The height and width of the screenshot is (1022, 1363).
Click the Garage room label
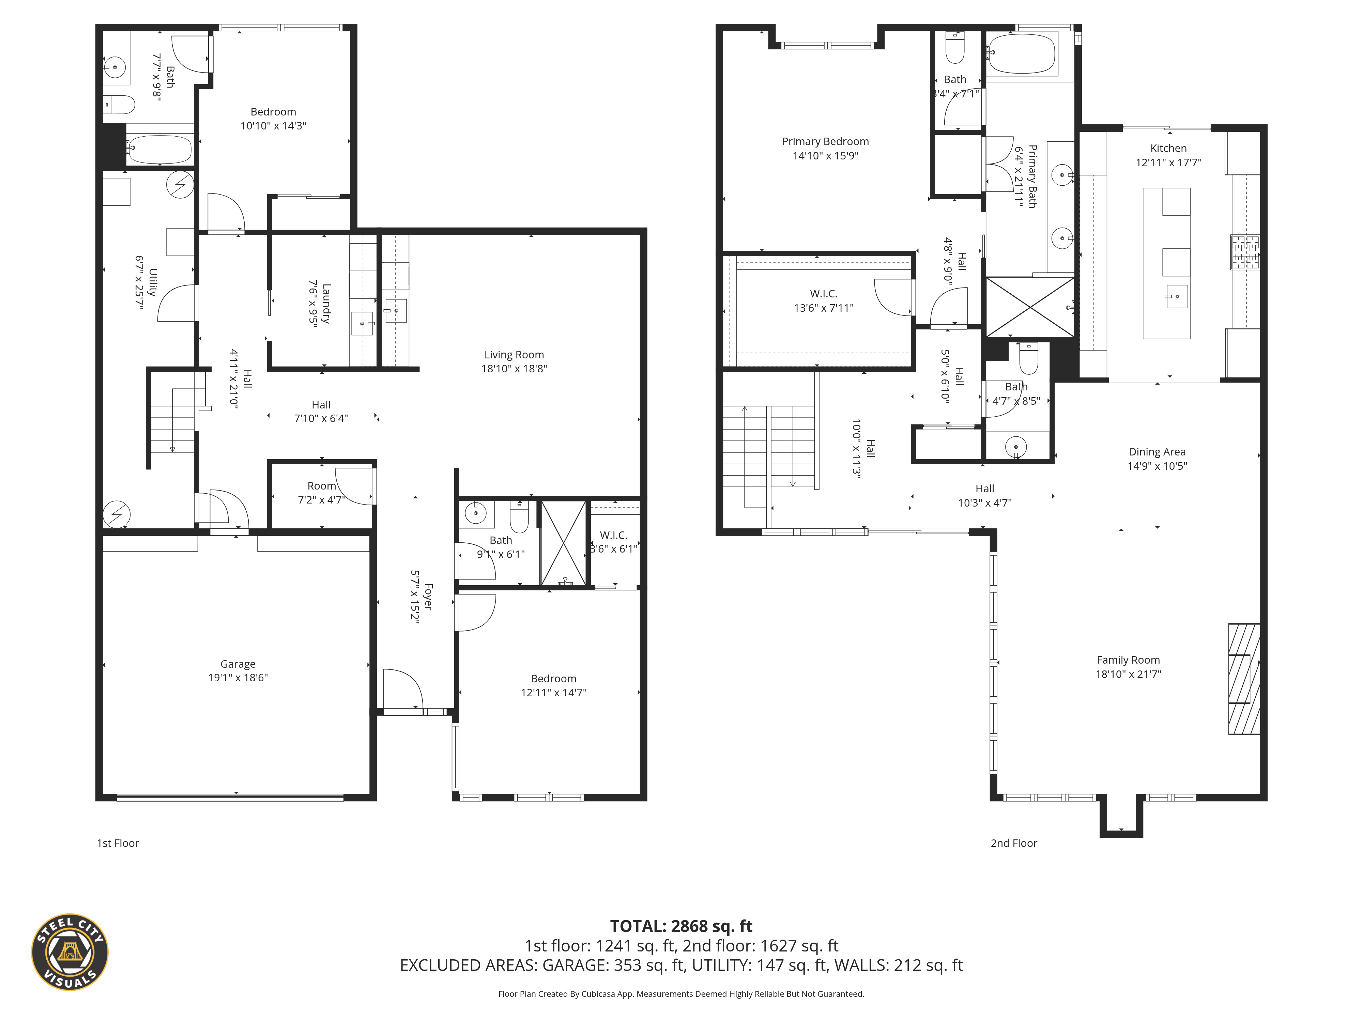click(238, 664)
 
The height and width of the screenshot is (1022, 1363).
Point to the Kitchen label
click(1168, 149)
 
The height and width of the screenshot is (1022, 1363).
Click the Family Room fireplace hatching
click(1244, 679)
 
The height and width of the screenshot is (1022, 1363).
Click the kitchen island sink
click(1176, 296)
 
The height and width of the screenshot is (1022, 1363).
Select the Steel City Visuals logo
click(70, 953)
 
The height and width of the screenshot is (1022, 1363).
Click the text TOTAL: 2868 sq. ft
click(681, 927)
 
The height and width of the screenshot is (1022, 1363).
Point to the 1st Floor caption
click(118, 843)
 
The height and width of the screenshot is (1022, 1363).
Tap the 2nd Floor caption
click(1014, 843)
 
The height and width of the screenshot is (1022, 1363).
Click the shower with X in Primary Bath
click(1030, 307)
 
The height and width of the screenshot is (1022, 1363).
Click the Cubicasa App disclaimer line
click(681, 994)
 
